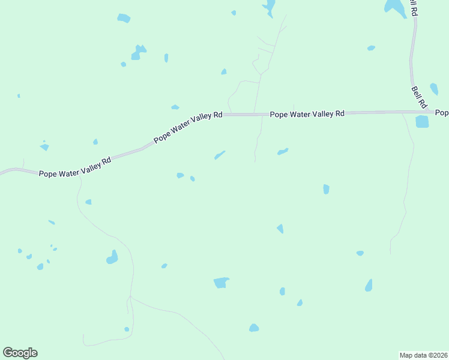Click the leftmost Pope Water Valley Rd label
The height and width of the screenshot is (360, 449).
pos(75,168)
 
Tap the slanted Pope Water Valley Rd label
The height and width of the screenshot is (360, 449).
pos(188,127)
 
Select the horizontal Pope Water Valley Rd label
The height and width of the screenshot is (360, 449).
pos(307,113)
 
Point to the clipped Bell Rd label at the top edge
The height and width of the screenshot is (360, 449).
pos(412,7)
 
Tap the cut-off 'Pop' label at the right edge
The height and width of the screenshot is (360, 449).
pos(442,113)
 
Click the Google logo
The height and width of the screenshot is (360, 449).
pos(20,353)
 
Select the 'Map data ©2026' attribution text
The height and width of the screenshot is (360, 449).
pos(423,355)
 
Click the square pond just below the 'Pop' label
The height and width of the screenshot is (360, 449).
pos(422,122)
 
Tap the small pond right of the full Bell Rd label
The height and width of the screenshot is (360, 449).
pos(434,89)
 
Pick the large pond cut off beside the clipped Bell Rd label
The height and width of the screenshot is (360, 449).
pos(395,6)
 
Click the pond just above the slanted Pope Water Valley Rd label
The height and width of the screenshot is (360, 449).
pos(175,107)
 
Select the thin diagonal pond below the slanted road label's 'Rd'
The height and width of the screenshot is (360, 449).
pos(220,155)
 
